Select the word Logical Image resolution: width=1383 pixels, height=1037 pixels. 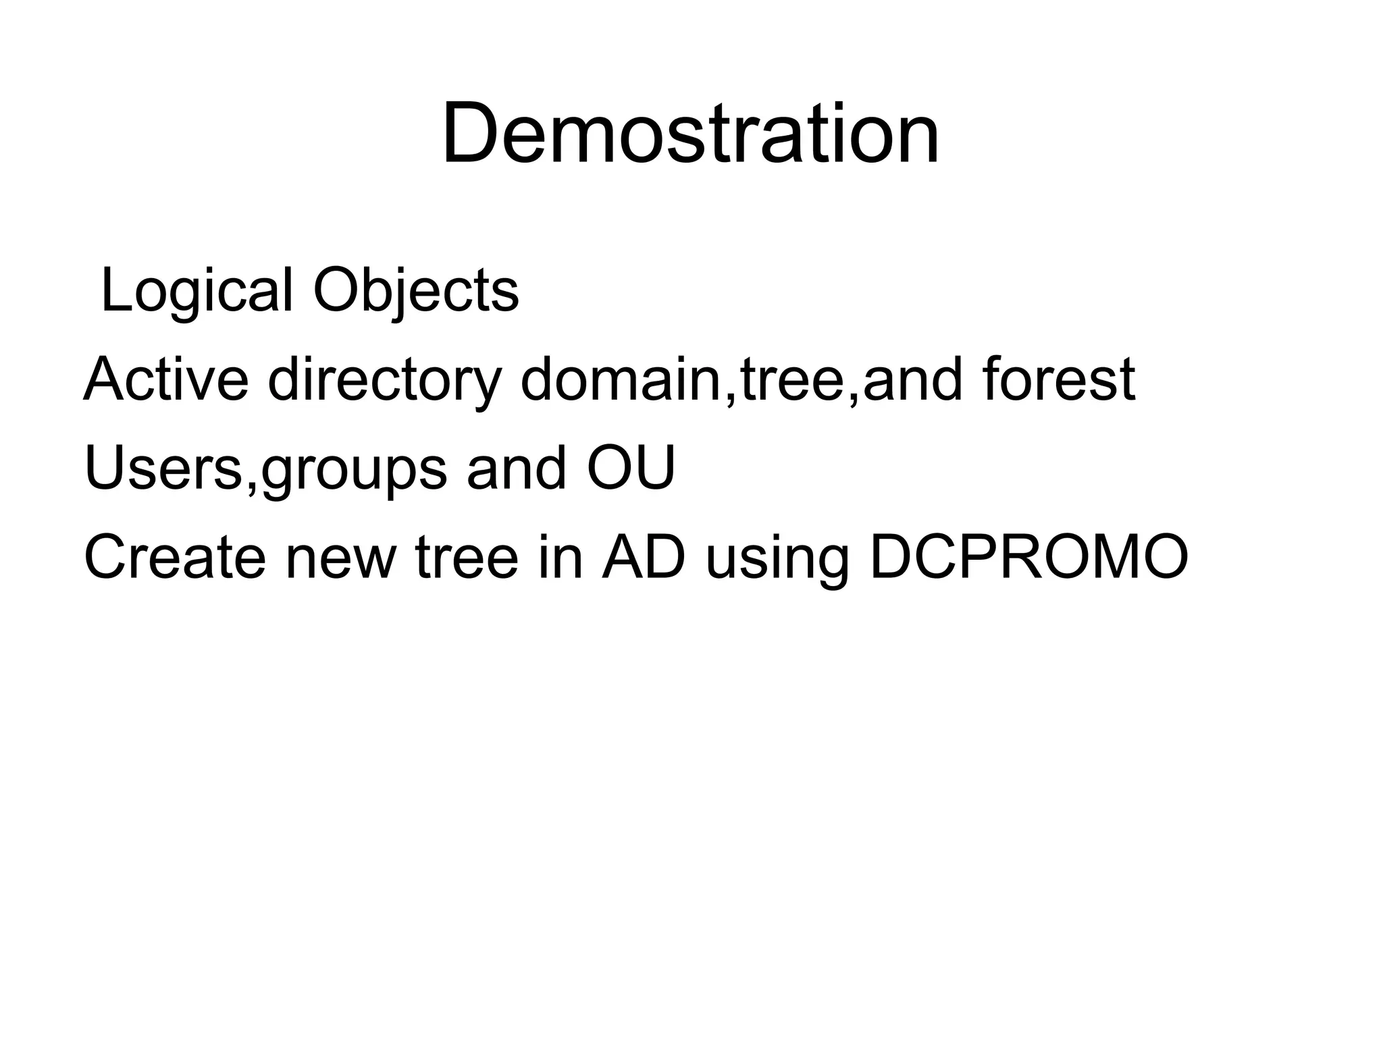click(x=197, y=291)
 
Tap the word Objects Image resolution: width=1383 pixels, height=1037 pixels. click(x=416, y=291)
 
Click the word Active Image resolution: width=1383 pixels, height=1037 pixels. click(x=166, y=379)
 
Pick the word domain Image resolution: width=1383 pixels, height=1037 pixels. click(x=621, y=379)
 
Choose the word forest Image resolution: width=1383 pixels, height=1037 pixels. click(x=1059, y=379)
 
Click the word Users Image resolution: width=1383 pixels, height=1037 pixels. click(x=162, y=469)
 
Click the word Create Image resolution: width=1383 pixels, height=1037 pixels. click(x=175, y=558)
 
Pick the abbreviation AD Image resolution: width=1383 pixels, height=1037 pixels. click(x=644, y=558)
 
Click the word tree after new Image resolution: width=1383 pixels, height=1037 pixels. click(x=467, y=558)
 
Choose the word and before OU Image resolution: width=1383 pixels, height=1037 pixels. click(x=516, y=469)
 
